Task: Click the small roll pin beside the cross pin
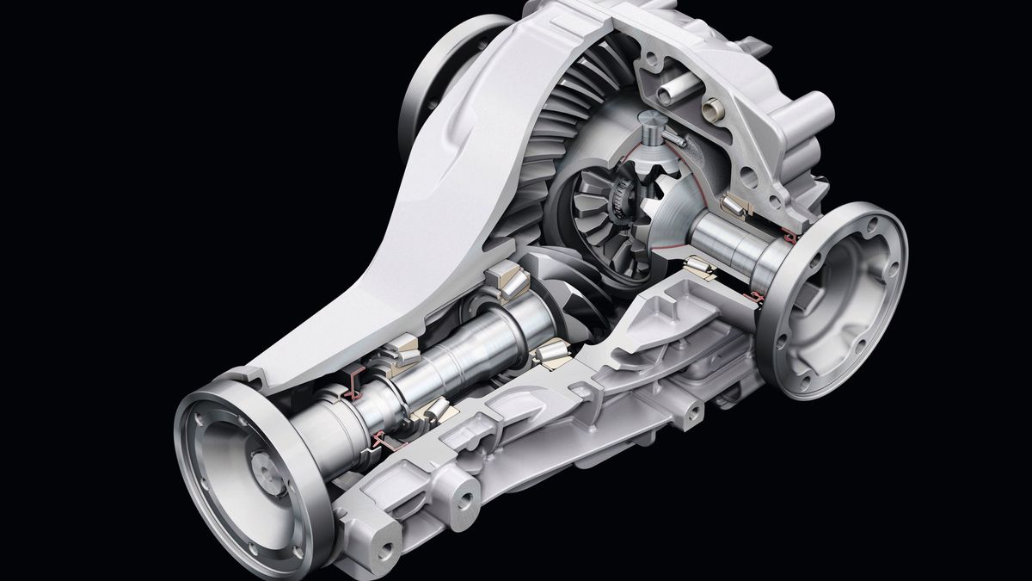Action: tap(676, 135)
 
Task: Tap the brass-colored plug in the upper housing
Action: tap(713, 109)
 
